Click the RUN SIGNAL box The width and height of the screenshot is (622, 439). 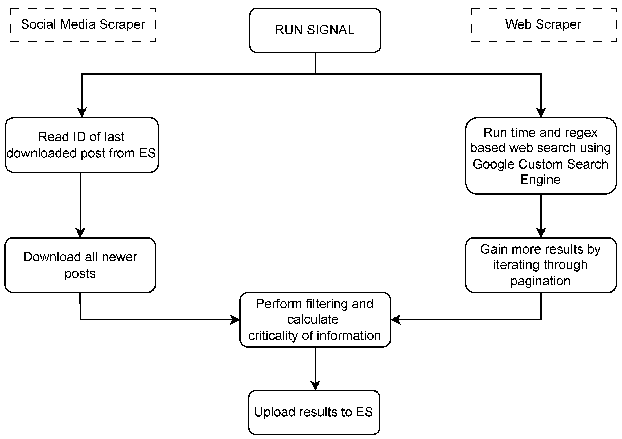[315, 30]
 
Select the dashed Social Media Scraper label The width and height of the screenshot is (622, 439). [83, 25]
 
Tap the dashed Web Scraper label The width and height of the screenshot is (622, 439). [543, 25]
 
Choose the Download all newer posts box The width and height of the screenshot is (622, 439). [80, 265]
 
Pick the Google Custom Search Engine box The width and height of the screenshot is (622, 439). [541, 156]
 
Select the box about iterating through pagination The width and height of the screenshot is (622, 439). [541, 265]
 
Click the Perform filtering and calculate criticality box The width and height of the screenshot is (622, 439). [315, 320]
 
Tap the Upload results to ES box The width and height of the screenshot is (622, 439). [314, 412]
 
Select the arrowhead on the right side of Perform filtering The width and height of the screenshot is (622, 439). [396, 320]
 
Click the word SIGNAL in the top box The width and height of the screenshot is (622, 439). [330, 30]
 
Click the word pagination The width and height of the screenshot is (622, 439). [540, 281]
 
